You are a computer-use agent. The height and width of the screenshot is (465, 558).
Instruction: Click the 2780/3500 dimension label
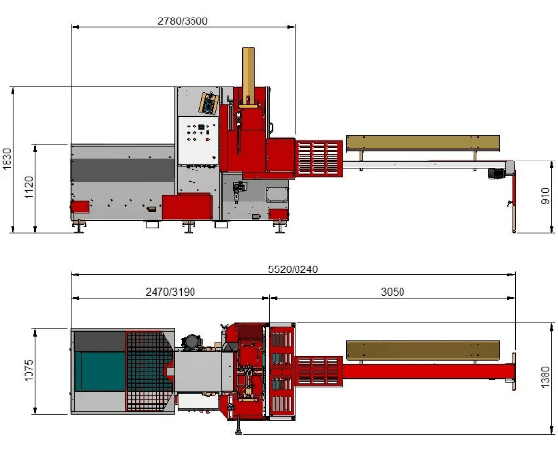click(x=183, y=21)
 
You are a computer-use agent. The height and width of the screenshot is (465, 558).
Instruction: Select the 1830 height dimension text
click(x=7, y=159)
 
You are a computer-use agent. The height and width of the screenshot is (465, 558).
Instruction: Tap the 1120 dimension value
click(x=29, y=188)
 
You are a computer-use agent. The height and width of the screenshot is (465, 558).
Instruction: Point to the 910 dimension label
click(x=545, y=196)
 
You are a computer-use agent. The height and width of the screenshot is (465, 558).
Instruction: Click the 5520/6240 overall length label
click(x=293, y=269)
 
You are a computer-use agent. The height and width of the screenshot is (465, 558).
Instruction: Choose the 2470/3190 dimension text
click(x=170, y=292)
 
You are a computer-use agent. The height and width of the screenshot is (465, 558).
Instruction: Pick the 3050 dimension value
click(x=393, y=292)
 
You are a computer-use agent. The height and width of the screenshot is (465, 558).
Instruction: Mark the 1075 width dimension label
click(x=29, y=371)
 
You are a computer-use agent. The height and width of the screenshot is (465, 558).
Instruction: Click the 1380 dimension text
click(x=545, y=377)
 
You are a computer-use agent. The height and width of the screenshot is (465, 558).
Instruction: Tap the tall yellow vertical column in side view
click(x=248, y=76)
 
